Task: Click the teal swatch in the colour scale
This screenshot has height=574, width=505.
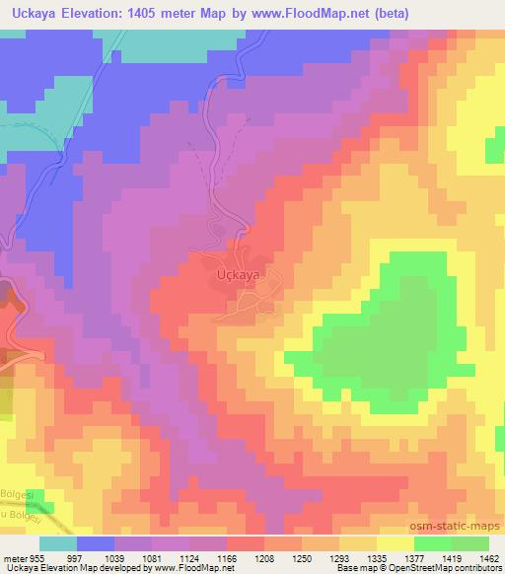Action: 57,543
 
